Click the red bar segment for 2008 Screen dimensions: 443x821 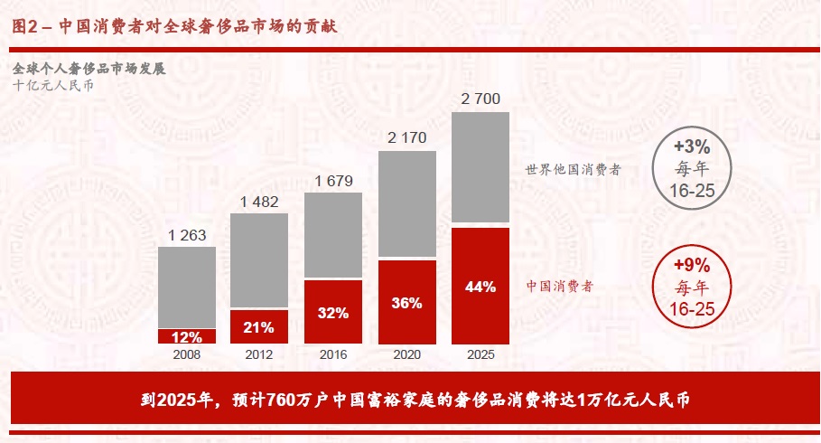click(x=187, y=336)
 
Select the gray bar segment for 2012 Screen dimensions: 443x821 click(x=259, y=260)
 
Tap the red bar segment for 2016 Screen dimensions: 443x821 click(x=333, y=312)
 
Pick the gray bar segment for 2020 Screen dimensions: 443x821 click(x=406, y=203)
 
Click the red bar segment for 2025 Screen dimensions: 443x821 click(x=480, y=286)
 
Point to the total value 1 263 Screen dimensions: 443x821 click(x=187, y=235)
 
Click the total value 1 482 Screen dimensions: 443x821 click(x=259, y=202)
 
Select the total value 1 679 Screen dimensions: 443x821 click(x=333, y=182)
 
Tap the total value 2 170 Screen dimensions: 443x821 click(x=406, y=138)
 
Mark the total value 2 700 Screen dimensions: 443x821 click(x=480, y=99)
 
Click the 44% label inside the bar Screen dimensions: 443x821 click(x=480, y=287)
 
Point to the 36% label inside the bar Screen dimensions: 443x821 click(x=406, y=303)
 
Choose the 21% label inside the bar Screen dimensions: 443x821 click(x=259, y=326)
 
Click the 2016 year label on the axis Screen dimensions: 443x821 click(x=333, y=355)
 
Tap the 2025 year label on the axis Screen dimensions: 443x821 click(x=480, y=355)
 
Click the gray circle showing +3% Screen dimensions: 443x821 click(x=693, y=167)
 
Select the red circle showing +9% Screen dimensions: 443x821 click(x=693, y=286)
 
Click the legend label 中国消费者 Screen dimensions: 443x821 click(x=559, y=286)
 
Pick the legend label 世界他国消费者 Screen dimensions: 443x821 click(x=573, y=169)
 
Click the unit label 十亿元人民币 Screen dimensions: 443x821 click(x=52, y=86)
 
